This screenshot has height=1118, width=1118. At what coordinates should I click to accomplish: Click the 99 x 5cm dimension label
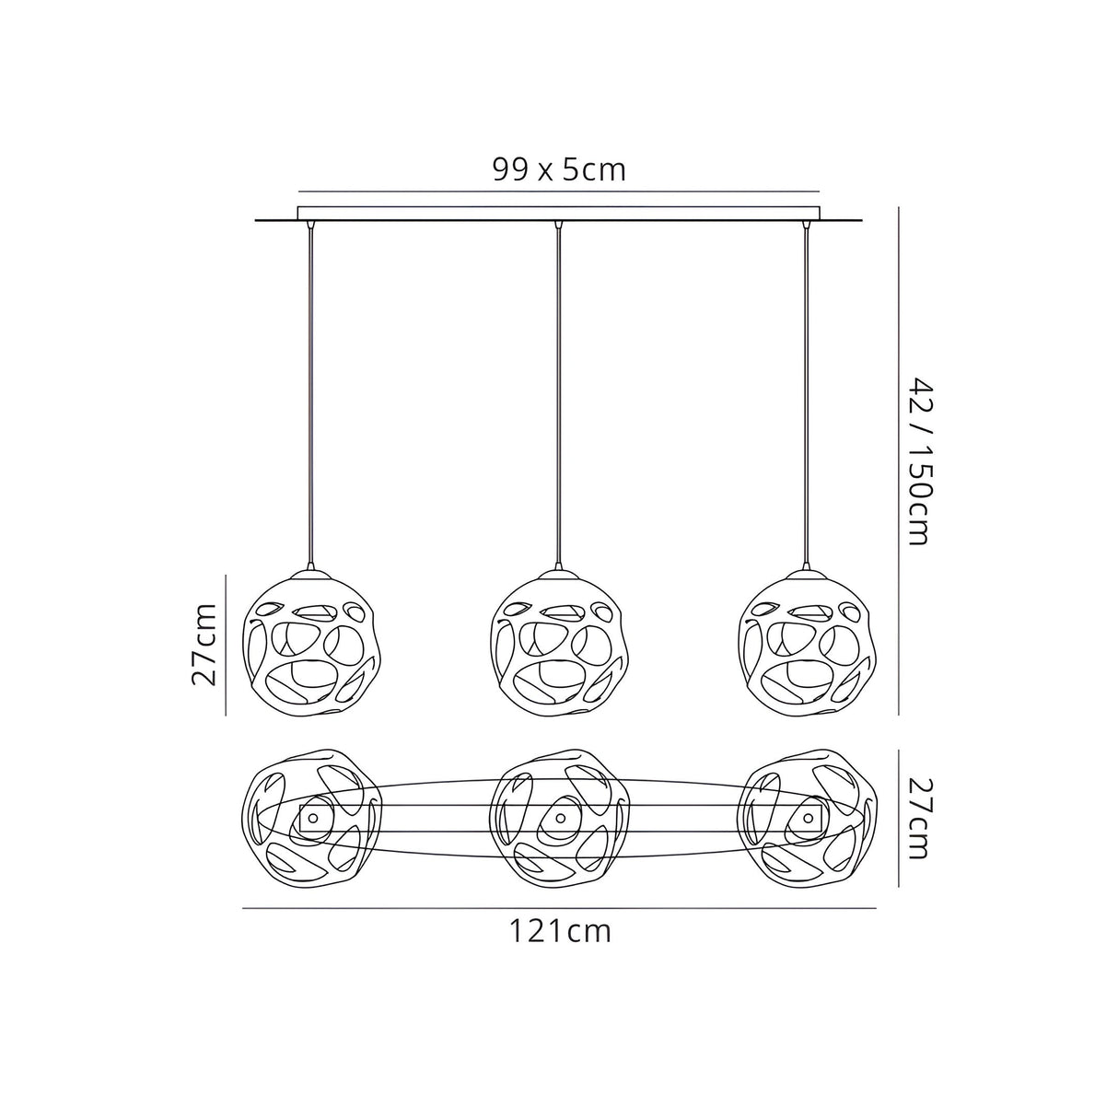[x=558, y=169]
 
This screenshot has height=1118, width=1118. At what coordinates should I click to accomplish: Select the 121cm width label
[x=560, y=932]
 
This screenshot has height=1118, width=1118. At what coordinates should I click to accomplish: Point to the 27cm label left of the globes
[x=204, y=645]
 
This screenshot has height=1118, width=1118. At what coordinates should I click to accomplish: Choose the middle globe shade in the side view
[x=558, y=645]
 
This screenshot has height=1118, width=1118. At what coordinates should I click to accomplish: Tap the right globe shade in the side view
[x=808, y=645]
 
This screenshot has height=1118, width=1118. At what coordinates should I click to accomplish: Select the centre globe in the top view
[x=558, y=818]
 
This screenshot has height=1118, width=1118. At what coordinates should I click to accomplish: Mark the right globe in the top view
[x=808, y=818]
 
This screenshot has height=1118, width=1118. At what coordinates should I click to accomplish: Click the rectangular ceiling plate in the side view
[x=558, y=213]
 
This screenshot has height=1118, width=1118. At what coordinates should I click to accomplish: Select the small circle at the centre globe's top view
[x=559, y=818]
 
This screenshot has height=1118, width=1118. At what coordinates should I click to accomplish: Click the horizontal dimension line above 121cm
[x=558, y=909]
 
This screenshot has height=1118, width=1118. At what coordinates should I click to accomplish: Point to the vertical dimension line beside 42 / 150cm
[x=898, y=460]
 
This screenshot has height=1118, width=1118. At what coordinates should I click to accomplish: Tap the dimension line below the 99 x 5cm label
[x=558, y=191]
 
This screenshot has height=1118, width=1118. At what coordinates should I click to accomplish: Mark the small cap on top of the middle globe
[x=558, y=573]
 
